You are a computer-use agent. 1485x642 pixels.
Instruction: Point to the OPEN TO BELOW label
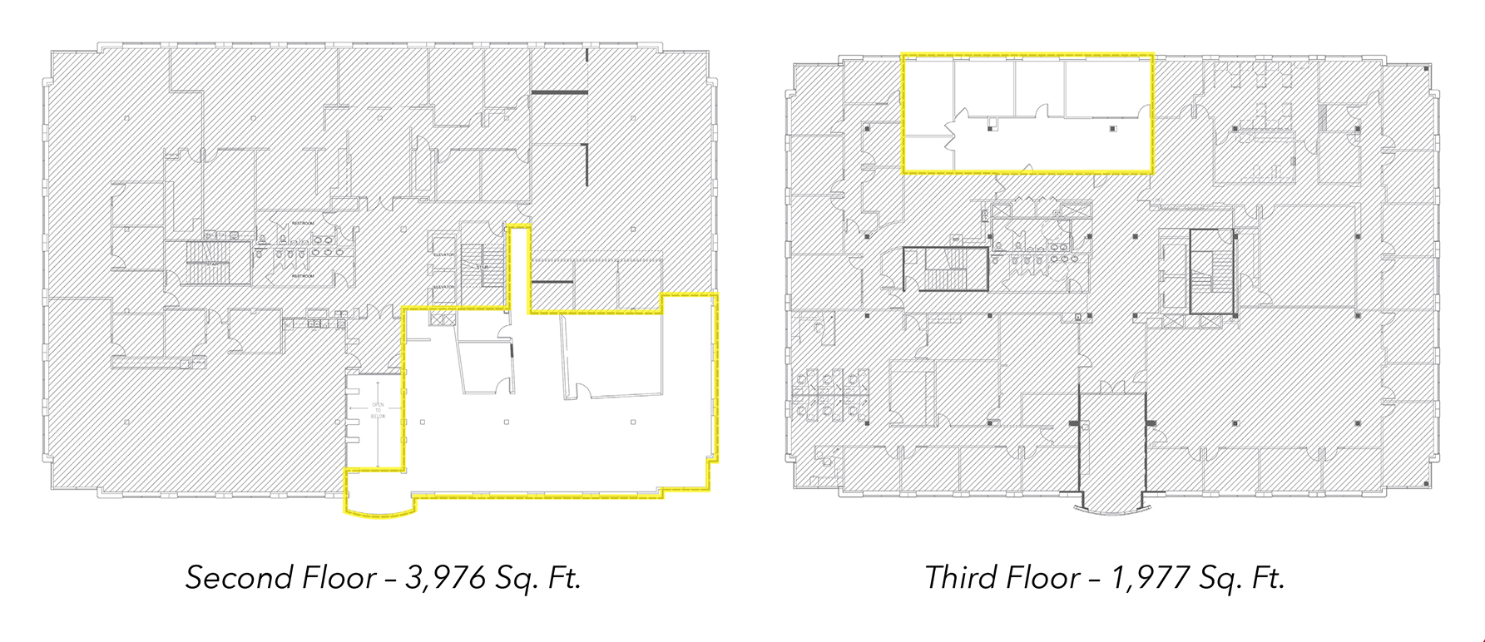pyautogui.click(x=378, y=410)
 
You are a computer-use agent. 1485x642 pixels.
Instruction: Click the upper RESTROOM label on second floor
pyautogui.click(x=303, y=223)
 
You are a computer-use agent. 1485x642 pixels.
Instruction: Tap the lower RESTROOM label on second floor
pyautogui.click(x=303, y=275)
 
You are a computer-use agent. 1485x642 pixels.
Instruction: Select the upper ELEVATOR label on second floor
pyautogui.click(x=444, y=254)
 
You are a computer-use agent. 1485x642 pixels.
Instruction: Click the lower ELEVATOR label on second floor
pyautogui.click(x=444, y=287)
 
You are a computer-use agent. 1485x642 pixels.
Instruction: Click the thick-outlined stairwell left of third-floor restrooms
pyautogui.click(x=946, y=269)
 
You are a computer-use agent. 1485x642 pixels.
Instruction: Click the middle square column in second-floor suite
pyautogui.click(x=506, y=422)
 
